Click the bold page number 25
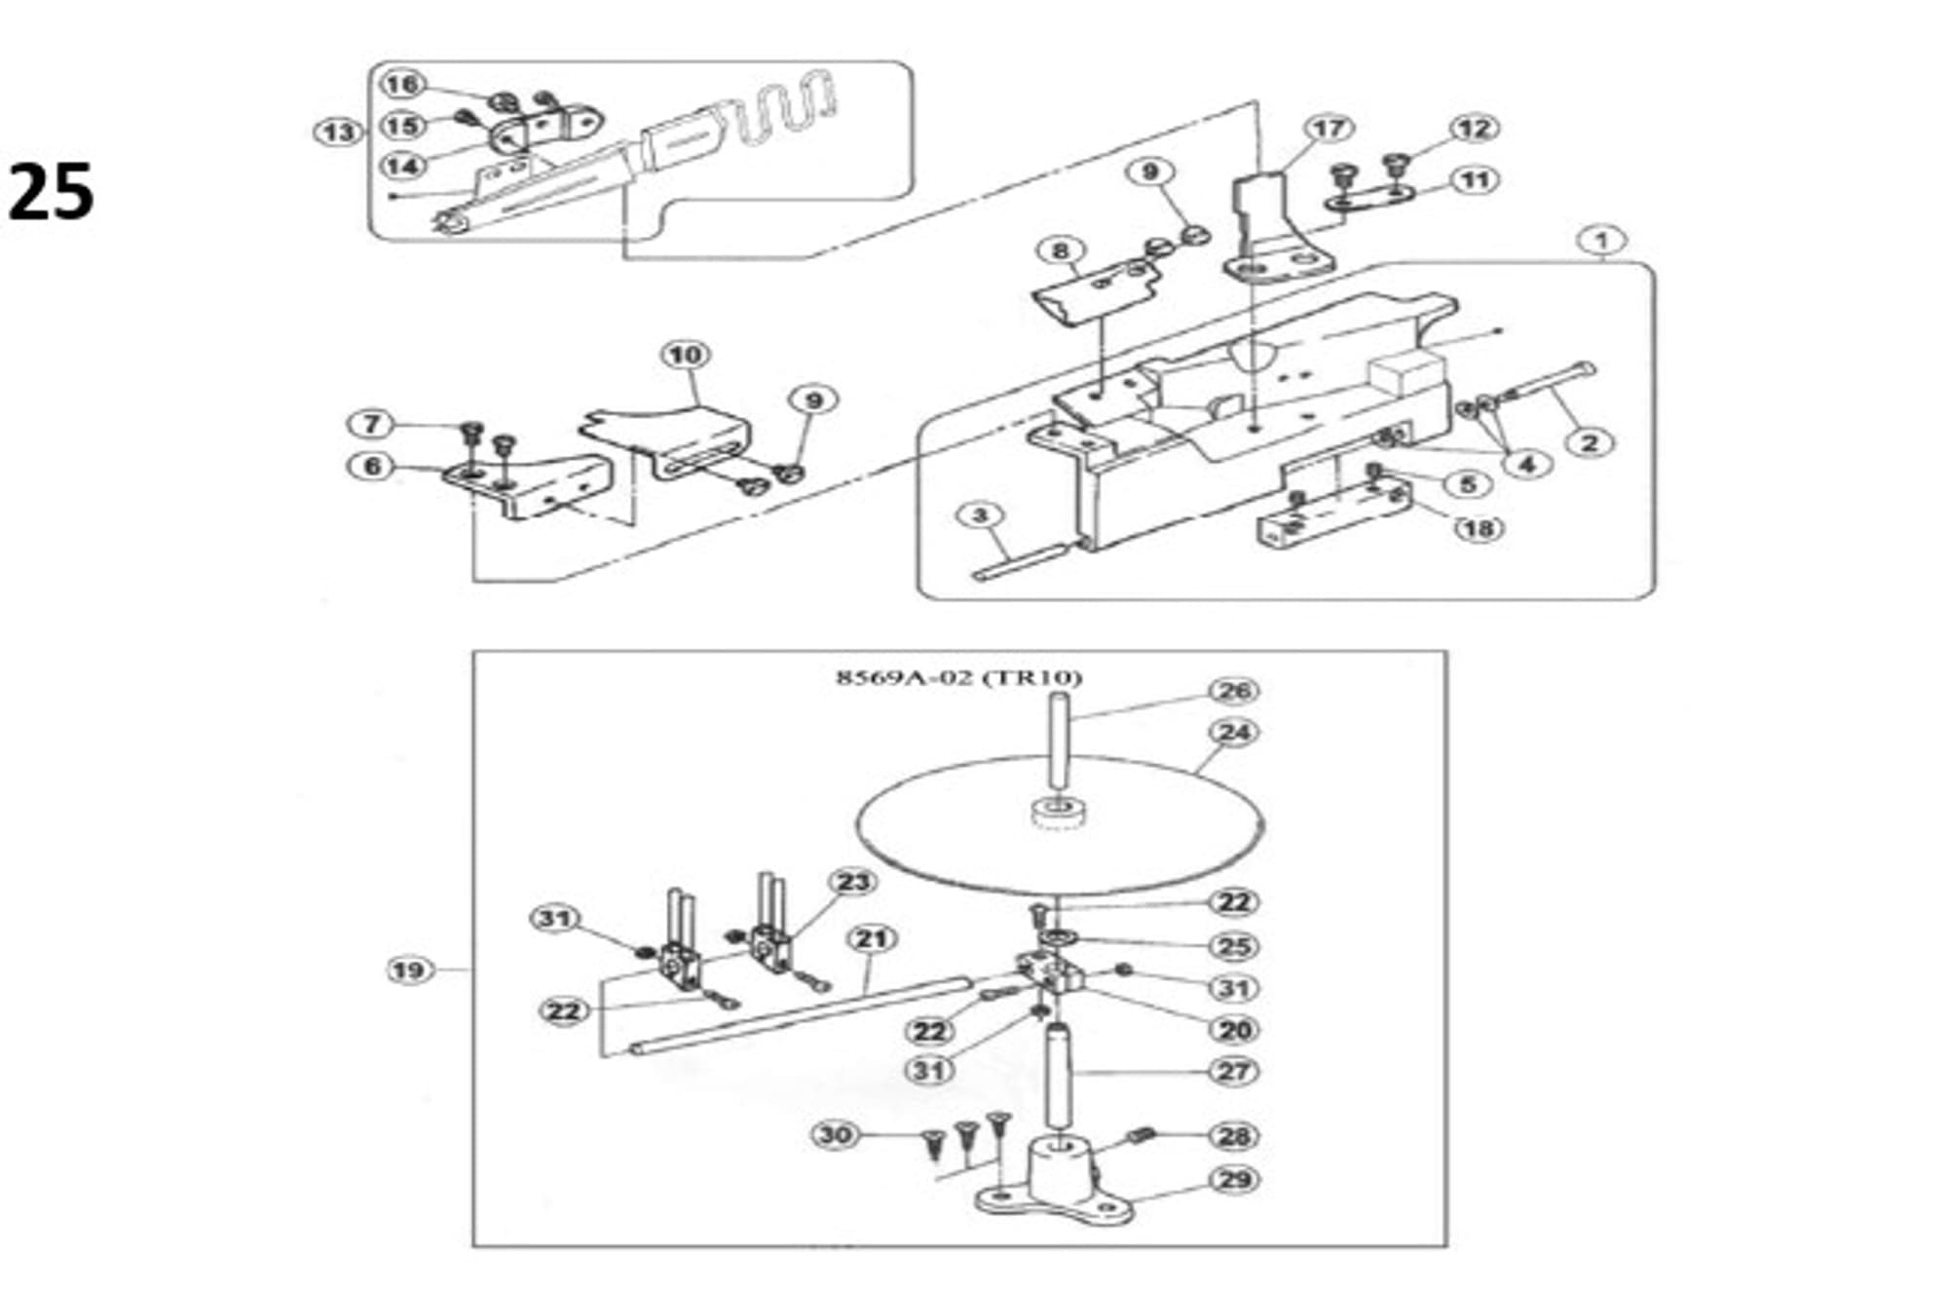point(51,192)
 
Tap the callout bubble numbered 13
point(338,132)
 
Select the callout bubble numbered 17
point(1329,128)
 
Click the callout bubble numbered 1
point(1602,240)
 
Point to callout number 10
point(685,355)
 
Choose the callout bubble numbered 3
point(981,514)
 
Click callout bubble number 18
point(1478,528)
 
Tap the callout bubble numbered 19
point(408,970)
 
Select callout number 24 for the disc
point(1233,732)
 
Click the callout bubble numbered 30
point(835,1134)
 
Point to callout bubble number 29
point(1234,1179)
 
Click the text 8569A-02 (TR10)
point(959,677)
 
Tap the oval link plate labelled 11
point(1369,198)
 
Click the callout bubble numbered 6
point(372,466)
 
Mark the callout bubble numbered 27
point(1234,1071)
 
